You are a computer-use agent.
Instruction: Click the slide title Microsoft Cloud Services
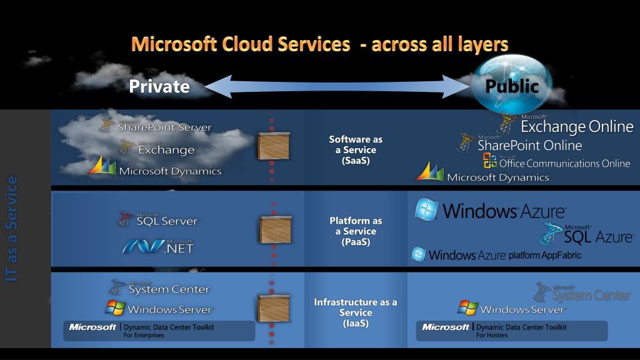(319, 44)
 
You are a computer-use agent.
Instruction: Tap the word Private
(159, 86)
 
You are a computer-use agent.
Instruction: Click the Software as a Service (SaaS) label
(356, 150)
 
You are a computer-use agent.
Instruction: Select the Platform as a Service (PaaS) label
(356, 231)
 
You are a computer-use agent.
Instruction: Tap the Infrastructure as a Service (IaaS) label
(356, 312)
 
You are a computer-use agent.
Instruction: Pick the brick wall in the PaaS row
(271, 228)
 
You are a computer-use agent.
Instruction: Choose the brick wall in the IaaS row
(271, 309)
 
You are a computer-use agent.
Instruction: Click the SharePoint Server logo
(156, 126)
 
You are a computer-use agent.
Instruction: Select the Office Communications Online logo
(556, 162)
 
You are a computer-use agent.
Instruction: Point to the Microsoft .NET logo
(158, 246)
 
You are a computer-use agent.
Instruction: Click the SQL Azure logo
(587, 234)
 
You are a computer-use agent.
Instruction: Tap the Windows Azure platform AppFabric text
(497, 255)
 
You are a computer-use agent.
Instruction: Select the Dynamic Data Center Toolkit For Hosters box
(511, 331)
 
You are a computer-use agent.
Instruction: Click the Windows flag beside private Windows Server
(114, 308)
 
